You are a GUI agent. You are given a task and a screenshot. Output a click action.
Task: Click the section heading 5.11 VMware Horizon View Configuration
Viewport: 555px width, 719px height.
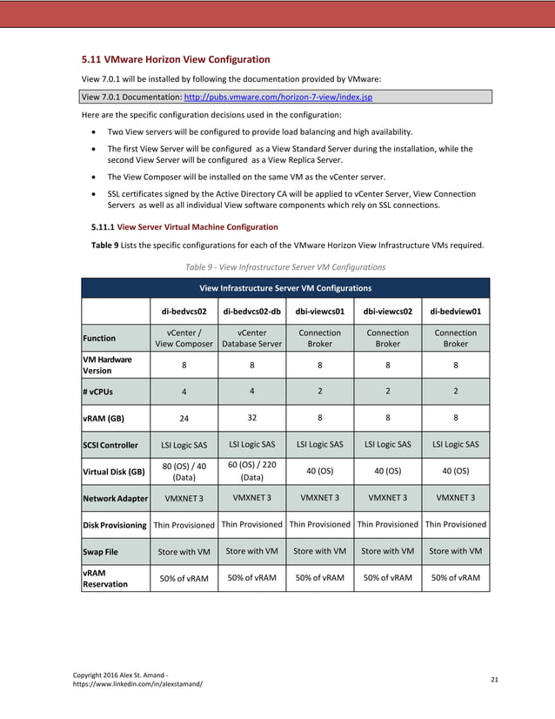[x=175, y=60]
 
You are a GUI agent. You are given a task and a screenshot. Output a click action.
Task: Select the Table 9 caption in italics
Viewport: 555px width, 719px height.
[x=285, y=265]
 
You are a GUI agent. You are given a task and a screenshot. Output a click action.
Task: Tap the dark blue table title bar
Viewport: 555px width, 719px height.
[x=285, y=287]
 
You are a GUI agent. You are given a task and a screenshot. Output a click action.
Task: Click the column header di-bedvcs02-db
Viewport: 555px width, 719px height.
[x=251, y=310]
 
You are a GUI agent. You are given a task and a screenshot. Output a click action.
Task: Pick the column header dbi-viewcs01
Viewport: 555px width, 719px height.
[x=319, y=310]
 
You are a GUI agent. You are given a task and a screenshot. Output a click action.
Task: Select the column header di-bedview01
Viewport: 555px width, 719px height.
[x=455, y=310]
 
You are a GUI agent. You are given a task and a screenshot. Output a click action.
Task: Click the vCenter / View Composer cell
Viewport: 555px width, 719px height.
[x=184, y=338]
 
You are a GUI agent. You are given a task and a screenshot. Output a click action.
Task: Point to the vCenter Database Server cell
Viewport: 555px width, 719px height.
[x=251, y=338]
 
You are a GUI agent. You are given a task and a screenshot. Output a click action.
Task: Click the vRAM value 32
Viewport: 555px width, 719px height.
[x=251, y=416]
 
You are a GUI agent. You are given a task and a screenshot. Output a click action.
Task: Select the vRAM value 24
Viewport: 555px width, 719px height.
[x=184, y=417]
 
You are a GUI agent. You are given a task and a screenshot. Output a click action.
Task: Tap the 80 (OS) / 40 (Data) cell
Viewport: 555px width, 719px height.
[x=184, y=472]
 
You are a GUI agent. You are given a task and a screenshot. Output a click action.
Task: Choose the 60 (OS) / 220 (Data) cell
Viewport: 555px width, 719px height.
[x=251, y=471]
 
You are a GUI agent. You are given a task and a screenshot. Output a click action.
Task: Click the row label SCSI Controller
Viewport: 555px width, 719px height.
[x=110, y=445]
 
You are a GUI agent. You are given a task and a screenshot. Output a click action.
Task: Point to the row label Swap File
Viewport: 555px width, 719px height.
[x=102, y=551]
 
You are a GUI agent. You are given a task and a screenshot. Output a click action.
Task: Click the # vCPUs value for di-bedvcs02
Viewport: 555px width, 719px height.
[x=184, y=391]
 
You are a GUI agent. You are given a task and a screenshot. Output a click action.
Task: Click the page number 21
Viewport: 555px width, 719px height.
[x=494, y=678]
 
